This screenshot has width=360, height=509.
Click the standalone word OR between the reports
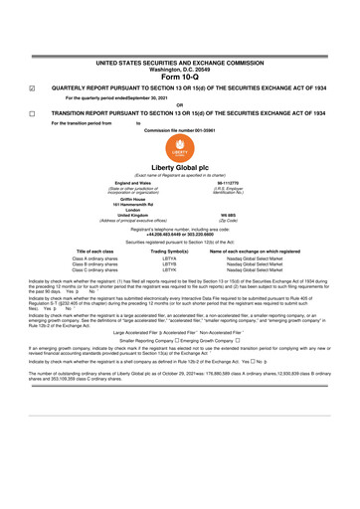(x=179, y=104)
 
